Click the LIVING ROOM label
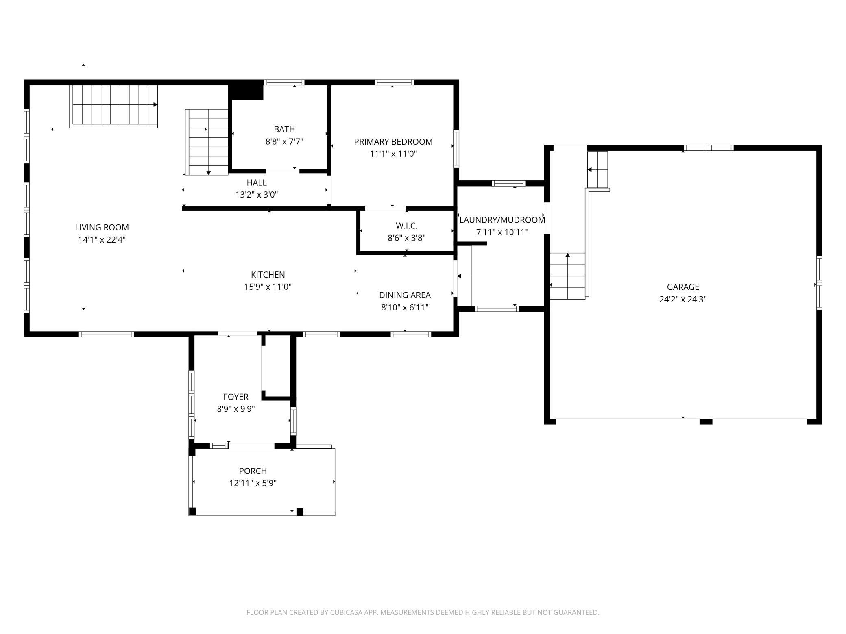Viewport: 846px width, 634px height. (x=102, y=227)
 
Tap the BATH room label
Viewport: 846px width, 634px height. (x=284, y=129)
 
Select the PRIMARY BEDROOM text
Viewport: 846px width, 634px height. (x=393, y=142)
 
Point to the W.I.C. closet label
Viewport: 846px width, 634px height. (x=407, y=226)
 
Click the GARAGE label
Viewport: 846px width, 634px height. (x=683, y=287)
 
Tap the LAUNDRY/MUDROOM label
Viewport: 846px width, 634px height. (x=502, y=220)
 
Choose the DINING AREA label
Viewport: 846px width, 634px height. (x=405, y=295)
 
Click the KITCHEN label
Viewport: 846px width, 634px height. (x=268, y=275)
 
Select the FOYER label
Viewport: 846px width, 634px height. (x=236, y=397)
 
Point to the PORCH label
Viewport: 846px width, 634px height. (x=253, y=471)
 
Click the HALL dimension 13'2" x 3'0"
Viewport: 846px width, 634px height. (x=257, y=195)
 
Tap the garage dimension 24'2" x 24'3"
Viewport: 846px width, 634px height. (x=683, y=300)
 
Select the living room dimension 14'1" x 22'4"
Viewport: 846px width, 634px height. (x=102, y=240)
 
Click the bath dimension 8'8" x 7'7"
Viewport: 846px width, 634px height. (x=284, y=142)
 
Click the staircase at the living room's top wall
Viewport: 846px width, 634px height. (x=113, y=106)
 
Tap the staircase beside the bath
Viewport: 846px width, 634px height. (x=207, y=142)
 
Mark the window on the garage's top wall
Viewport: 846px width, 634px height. (x=709, y=148)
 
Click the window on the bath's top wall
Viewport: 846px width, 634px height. (x=284, y=83)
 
